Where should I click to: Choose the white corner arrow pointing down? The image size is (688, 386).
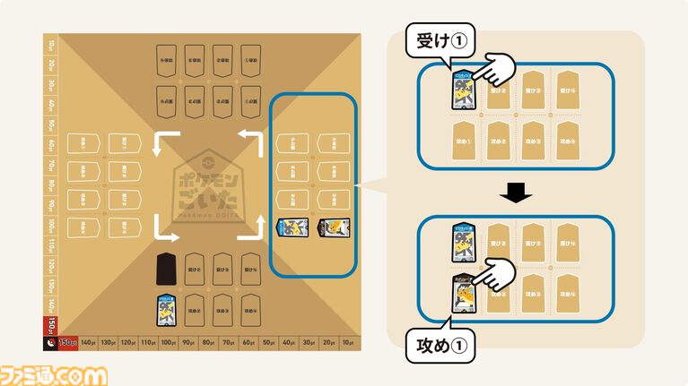tap(163, 231)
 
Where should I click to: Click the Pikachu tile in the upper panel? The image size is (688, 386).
tap(464, 90)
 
